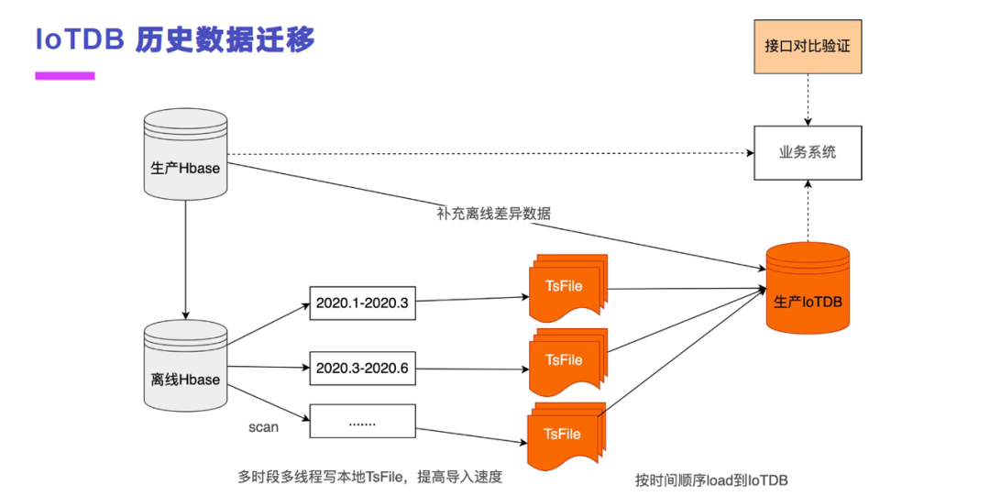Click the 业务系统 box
[808, 153]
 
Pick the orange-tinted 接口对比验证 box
[808, 46]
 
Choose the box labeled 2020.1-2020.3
[362, 302]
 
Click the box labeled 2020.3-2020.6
[362, 369]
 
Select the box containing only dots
[362, 422]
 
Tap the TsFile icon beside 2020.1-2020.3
[566, 288]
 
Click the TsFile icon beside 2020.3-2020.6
[566, 360]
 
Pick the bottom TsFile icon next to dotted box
[565, 434]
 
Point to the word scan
[263, 427]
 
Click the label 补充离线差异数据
[494, 214]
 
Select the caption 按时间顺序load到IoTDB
[712, 479]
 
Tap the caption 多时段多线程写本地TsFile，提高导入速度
[370, 477]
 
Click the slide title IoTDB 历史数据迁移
[175, 39]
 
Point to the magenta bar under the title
[65, 76]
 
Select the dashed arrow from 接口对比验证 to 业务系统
[808, 100]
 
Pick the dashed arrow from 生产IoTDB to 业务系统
[808, 211]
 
